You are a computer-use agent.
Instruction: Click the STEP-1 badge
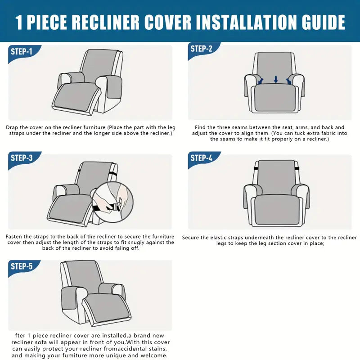[x=22, y=52]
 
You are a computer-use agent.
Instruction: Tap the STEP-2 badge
[x=202, y=49]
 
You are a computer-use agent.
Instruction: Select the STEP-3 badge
[x=22, y=158]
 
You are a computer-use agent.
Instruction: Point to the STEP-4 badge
[x=202, y=158]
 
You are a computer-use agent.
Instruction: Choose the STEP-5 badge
[x=22, y=266]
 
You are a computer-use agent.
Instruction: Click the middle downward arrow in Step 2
[x=276, y=80]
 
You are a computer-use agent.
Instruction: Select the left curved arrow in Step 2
[x=261, y=81]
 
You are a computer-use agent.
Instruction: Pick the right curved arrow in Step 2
[x=289, y=81]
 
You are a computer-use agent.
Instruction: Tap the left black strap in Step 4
[x=256, y=169]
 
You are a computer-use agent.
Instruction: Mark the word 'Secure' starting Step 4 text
[x=190, y=238]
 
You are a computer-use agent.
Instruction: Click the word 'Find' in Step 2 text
[x=200, y=127]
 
